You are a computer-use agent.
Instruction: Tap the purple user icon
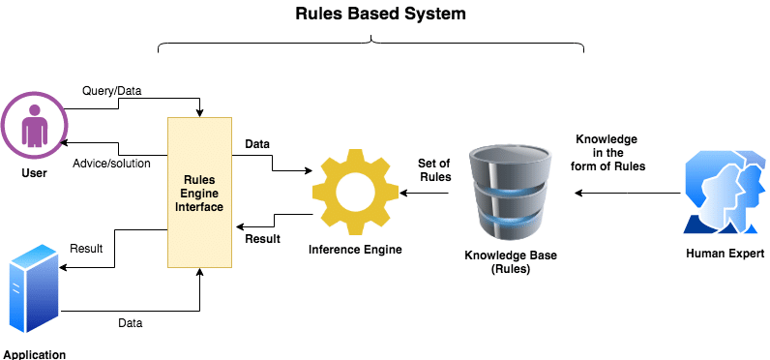pos(34,125)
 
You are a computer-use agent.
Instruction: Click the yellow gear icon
pos(355,191)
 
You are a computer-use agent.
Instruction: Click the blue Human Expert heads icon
pos(720,193)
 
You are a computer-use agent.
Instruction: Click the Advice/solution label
pos(112,163)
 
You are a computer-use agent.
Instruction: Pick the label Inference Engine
pos(355,250)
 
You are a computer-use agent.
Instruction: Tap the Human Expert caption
pos(720,255)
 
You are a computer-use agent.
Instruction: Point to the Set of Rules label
pos(434,169)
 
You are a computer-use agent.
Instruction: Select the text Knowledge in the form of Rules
pos(609,152)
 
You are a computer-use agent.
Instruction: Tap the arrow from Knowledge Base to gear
pos(426,194)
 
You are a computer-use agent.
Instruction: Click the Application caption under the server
pos(34,354)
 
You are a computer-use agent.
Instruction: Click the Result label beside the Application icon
pos(86,249)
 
